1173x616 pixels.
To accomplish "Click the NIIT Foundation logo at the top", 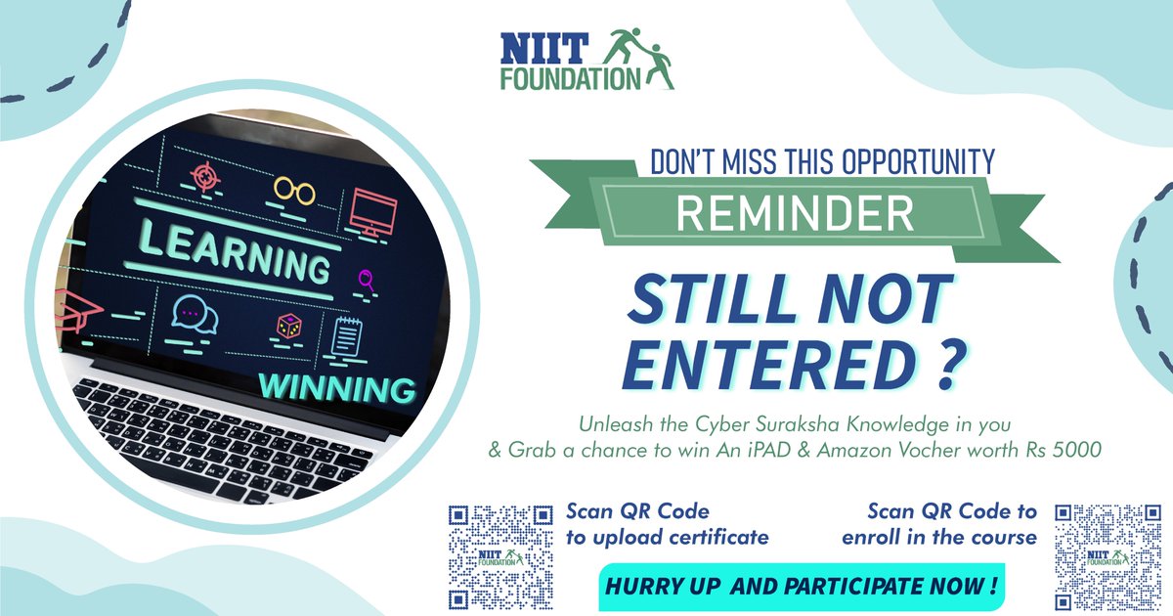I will pyautogui.click(x=586, y=60).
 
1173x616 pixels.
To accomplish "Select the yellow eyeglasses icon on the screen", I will pyautogui.click(x=294, y=190).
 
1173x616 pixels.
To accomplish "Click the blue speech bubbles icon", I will pyautogui.click(x=190, y=313).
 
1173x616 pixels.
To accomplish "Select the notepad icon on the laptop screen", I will pyautogui.click(x=346, y=338).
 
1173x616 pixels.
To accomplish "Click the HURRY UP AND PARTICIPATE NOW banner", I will pyautogui.click(x=801, y=587).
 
